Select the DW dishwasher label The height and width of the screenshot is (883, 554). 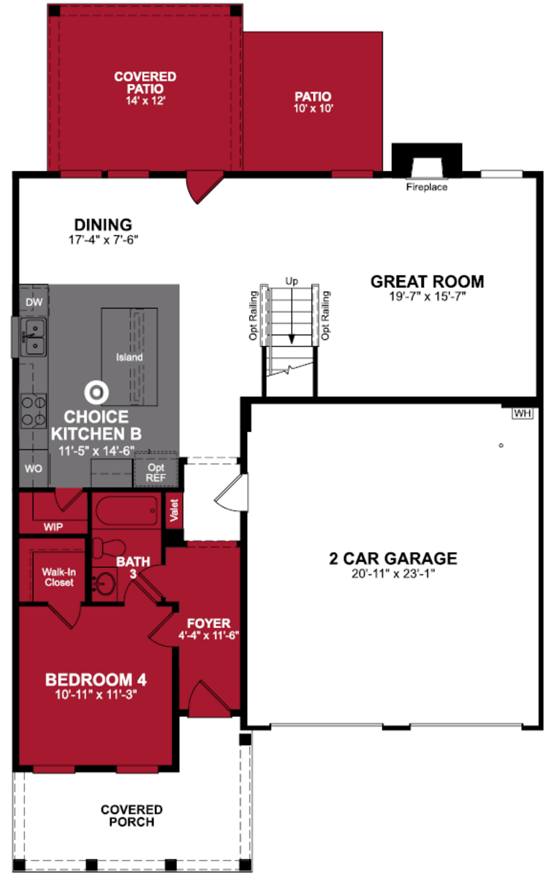(34, 302)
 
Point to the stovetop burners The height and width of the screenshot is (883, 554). (33, 411)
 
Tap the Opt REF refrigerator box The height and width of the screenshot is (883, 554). (156, 472)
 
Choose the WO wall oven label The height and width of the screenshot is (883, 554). (33, 468)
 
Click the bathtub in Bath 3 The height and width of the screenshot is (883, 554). (126, 511)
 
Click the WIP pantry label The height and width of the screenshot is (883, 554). (53, 527)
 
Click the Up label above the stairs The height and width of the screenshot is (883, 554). (292, 281)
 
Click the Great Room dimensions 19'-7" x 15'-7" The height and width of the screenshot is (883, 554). (427, 296)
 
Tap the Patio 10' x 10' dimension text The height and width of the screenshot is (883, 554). (313, 108)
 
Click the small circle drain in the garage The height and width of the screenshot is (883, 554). (501, 445)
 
